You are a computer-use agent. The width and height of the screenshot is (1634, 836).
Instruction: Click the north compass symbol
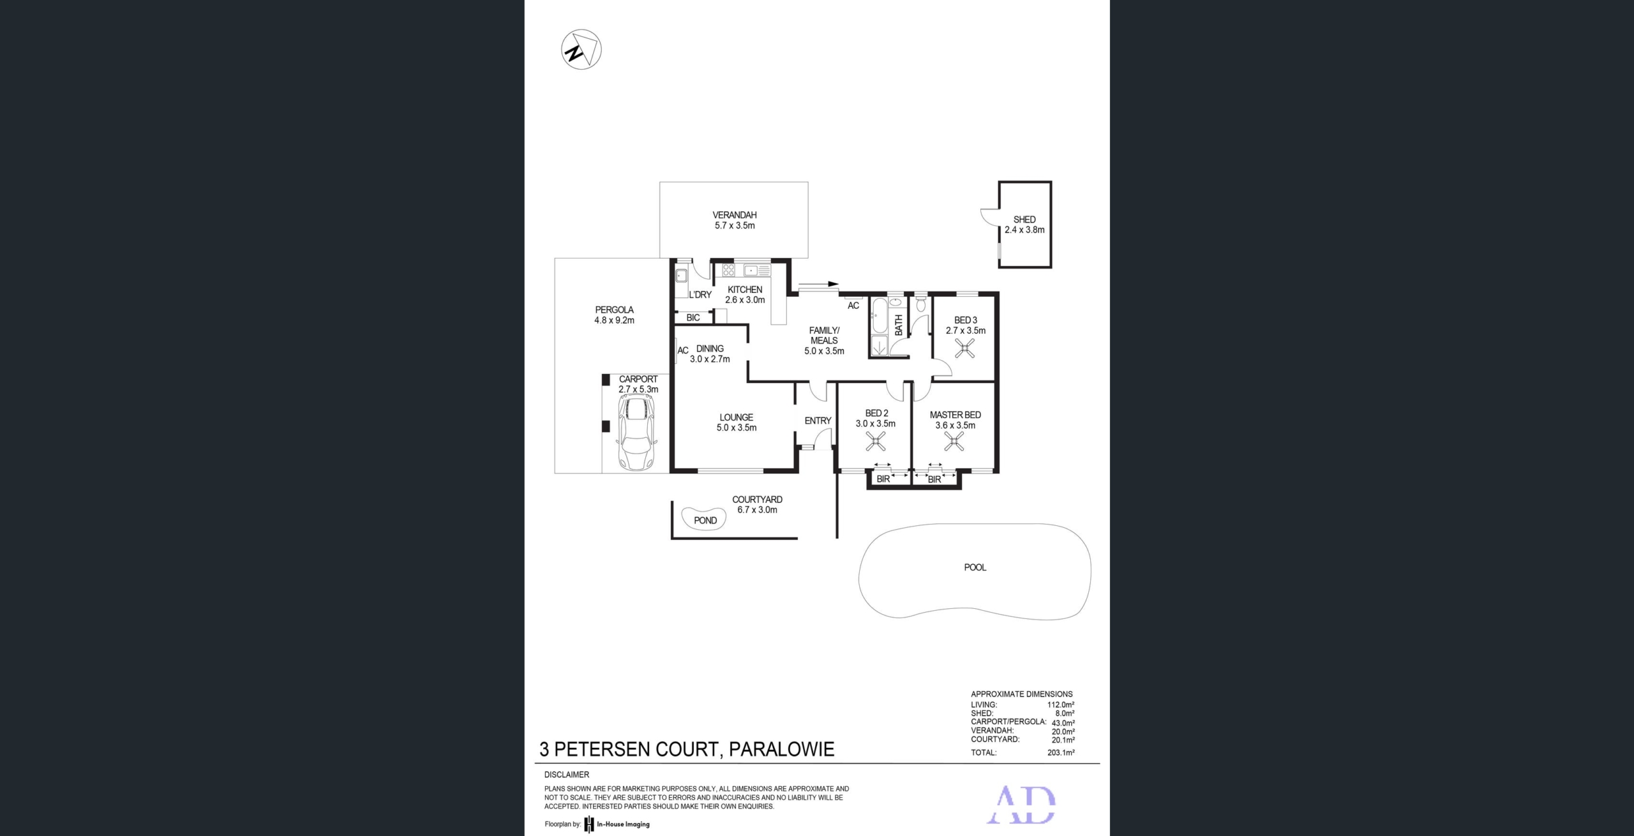[581, 50]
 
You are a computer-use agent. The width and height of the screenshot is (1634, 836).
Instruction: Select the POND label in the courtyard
[705, 520]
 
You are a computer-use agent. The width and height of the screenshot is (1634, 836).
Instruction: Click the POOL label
[975, 567]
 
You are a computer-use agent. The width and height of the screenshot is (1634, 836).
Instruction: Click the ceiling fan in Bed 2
[875, 441]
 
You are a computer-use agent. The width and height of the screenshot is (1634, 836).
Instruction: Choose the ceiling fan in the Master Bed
[954, 441]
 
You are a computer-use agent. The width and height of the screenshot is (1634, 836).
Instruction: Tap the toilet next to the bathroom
[920, 303]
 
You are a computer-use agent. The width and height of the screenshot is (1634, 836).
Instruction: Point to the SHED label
[1024, 220]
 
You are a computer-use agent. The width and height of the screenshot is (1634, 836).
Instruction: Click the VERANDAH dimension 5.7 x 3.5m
[735, 225]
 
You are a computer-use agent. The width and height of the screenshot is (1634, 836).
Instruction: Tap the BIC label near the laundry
[693, 318]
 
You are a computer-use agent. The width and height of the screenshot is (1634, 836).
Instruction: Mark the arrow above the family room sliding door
[818, 284]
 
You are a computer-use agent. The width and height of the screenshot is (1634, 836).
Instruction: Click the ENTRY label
[818, 421]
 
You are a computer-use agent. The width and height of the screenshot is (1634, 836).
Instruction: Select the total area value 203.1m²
[1061, 752]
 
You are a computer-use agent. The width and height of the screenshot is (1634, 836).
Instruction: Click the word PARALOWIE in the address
[781, 749]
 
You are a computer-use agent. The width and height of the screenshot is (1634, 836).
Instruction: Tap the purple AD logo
[1021, 805]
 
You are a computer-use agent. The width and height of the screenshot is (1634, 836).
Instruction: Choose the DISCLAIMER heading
[567, 775]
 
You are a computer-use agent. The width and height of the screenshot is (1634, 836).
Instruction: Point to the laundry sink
[681, 276]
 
